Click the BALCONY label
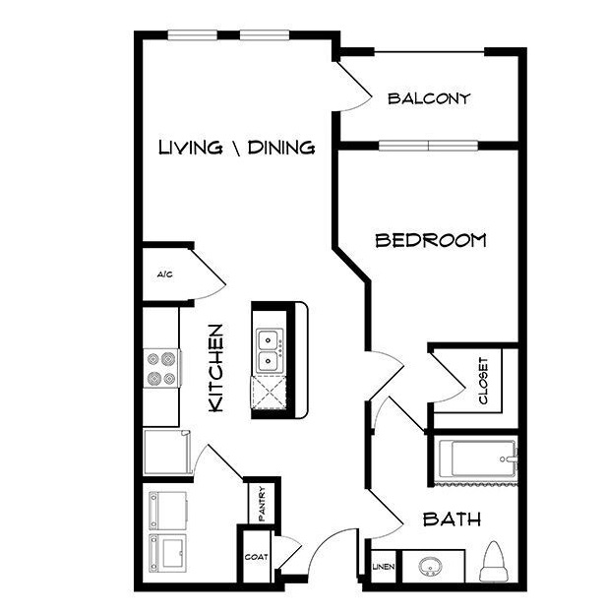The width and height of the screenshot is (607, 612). coord(429,98)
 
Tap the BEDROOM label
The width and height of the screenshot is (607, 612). coord(431,240)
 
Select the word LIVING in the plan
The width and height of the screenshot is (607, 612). coord(191,148)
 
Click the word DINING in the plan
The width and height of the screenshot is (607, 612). coord(281,148)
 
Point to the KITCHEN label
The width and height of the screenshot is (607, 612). coord(215,368)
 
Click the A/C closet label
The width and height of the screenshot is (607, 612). coord(164,275)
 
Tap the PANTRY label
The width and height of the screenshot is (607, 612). coord(262,504)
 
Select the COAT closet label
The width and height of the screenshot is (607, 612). coord(257,557)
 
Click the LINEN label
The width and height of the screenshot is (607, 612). coord(384,567)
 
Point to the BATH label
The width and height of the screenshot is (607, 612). coord(452,520)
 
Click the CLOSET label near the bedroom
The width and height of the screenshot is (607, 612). coord(483,381)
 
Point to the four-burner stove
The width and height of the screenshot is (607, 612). coord(162,368)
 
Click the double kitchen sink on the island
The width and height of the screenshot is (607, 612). coord(269,350)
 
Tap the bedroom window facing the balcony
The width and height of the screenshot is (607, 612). coord(428,146)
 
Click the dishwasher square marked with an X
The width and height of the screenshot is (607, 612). coord(269,393)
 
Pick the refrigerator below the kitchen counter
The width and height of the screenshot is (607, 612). coord(167,452)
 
